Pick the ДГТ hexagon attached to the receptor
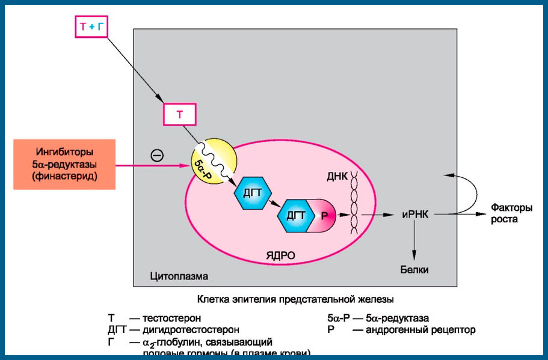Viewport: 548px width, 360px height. tap(293, 217)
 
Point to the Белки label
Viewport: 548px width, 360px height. tap(414, 270)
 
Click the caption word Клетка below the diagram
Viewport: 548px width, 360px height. tap(213, 298)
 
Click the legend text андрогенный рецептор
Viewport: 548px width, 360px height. tap(421, 329)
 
